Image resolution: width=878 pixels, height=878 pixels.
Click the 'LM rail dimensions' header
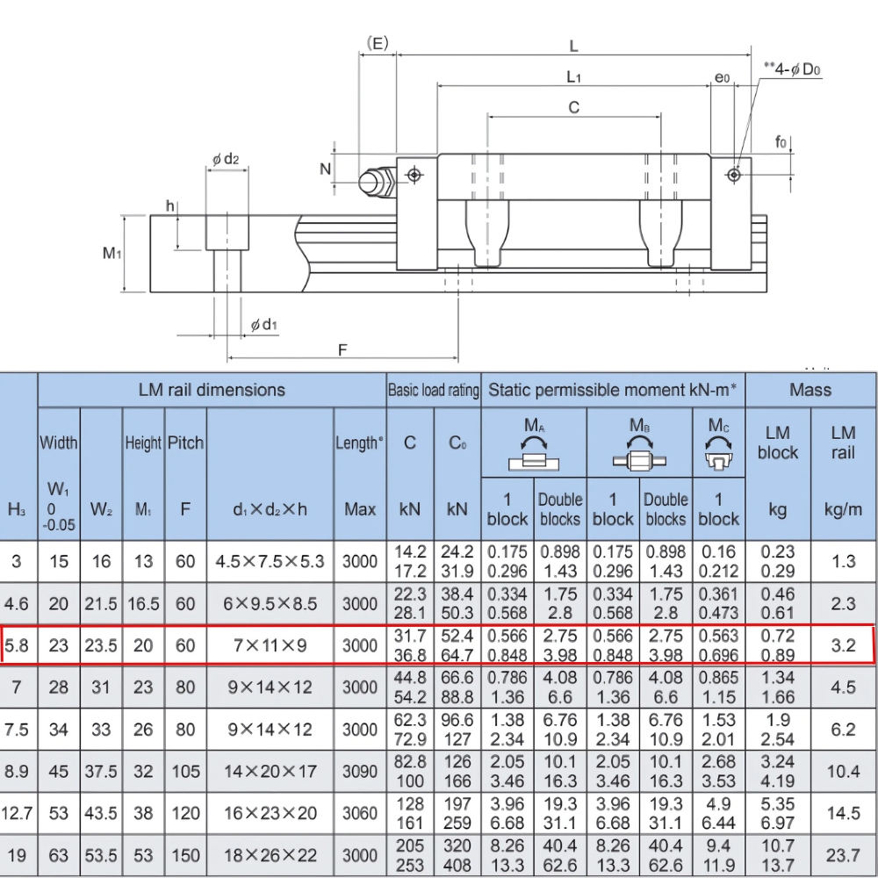pos(212,390)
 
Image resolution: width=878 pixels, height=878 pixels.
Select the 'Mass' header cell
pos(810,390)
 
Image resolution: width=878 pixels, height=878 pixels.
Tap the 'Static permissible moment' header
pos(612,390)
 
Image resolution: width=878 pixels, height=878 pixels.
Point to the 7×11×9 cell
pos(270,646)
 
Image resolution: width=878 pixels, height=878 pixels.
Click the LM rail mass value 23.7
pos(843,856)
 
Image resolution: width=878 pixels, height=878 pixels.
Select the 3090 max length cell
pos(360,772)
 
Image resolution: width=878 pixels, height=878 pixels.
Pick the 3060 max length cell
pos(360,814)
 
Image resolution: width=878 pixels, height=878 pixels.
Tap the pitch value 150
pos(185,856)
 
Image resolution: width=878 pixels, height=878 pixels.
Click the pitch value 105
pos(185,772)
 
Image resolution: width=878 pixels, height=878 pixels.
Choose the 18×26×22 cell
pos(270,856)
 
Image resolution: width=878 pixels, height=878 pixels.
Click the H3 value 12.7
pos(18,814)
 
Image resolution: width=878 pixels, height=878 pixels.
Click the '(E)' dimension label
pos(378,43)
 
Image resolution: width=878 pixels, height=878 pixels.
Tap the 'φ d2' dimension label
pos(225,159)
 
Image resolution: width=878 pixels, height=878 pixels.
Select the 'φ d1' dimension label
pos(263,326)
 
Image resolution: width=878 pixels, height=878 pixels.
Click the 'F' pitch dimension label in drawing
pos(343,349)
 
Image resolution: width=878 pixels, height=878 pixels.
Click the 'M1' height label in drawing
pos(112,254)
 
